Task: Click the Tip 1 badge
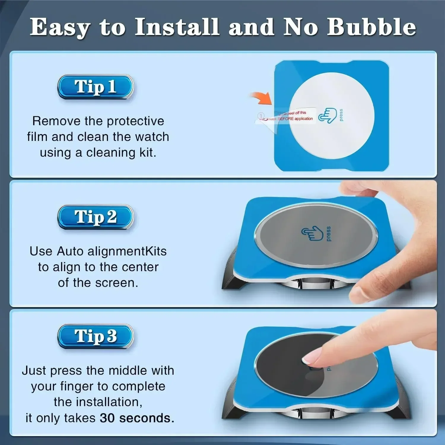(95, 87)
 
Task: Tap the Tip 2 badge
(95, 217)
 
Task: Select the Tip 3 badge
(95, 336)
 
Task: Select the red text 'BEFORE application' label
(295, 119)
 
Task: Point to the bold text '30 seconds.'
(137, 418)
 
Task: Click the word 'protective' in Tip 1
(135, 121)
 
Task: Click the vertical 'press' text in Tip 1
(341, 115)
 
